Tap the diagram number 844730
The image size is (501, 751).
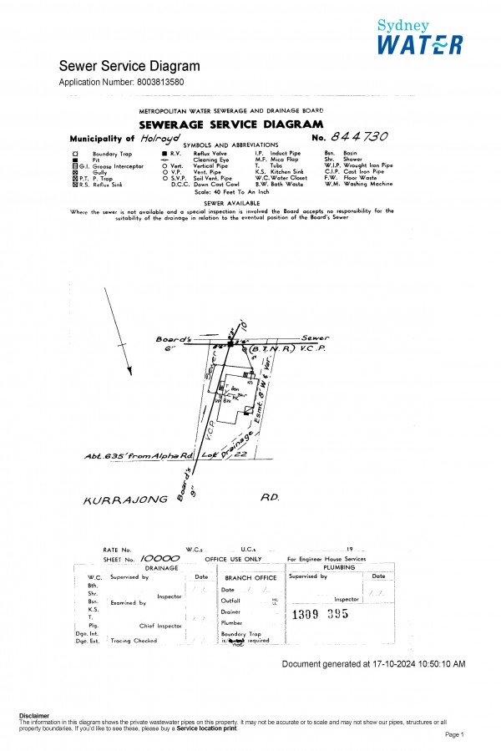(360, 136)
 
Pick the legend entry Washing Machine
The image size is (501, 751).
(367, 185)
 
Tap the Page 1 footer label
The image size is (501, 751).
(453, 734)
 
